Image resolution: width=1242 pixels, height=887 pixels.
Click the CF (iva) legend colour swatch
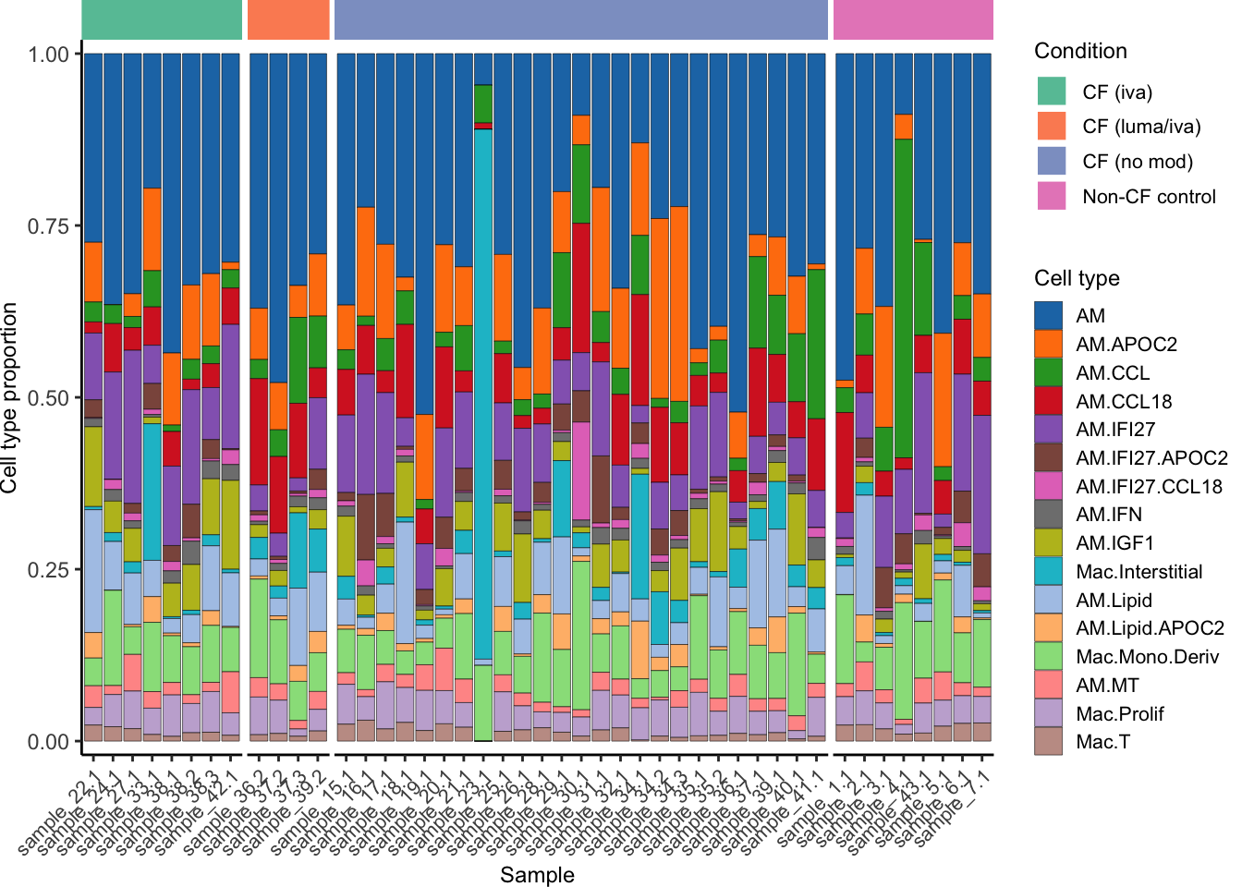pyautogui.click(x=1052, y=91)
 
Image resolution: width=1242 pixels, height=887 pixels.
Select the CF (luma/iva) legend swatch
pyautogui.click(x=1052, y=126)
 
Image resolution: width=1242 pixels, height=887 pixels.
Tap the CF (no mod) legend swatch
pyautogui.click(x=1052, y=161)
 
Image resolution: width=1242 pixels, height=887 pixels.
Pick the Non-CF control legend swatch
pyautogui.click(x=1052, y=196)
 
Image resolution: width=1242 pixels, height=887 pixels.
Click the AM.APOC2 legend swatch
pyautogui.click(x=1048, y=344)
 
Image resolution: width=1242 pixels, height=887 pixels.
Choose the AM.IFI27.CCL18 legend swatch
pyautogui.click(x=1048, y=486)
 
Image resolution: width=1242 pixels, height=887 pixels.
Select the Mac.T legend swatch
pyautogui.click(x=1048, y=742)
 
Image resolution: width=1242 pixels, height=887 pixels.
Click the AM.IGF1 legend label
pyautogui.click(x=1114, y=543)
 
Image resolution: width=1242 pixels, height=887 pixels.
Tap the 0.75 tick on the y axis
pyautogui.click(x=49, y=226)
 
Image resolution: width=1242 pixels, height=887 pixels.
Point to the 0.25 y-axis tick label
pyautogui.click(x=49, y=570)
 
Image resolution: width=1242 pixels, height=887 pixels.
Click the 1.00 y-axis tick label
pyautogui.click(x=49, y=55)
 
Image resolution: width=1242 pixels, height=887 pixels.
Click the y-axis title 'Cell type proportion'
pyautogui.click(x=10, y=397)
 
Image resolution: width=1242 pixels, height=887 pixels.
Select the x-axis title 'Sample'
pyautogui.click(x=537, y=874)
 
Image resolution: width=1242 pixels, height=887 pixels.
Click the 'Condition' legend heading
pyautogui.click(x=1080, y=51)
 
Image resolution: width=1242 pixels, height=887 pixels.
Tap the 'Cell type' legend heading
pyautogui.click(x=1077, y=278)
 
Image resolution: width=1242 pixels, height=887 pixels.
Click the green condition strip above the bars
pyautogui.click(x=162, y=19)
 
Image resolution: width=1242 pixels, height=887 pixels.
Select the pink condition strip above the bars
pyautogui.click(x=913, y=19)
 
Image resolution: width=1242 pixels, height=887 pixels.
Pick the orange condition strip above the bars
pyautogui.click(x=288, y=19)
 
